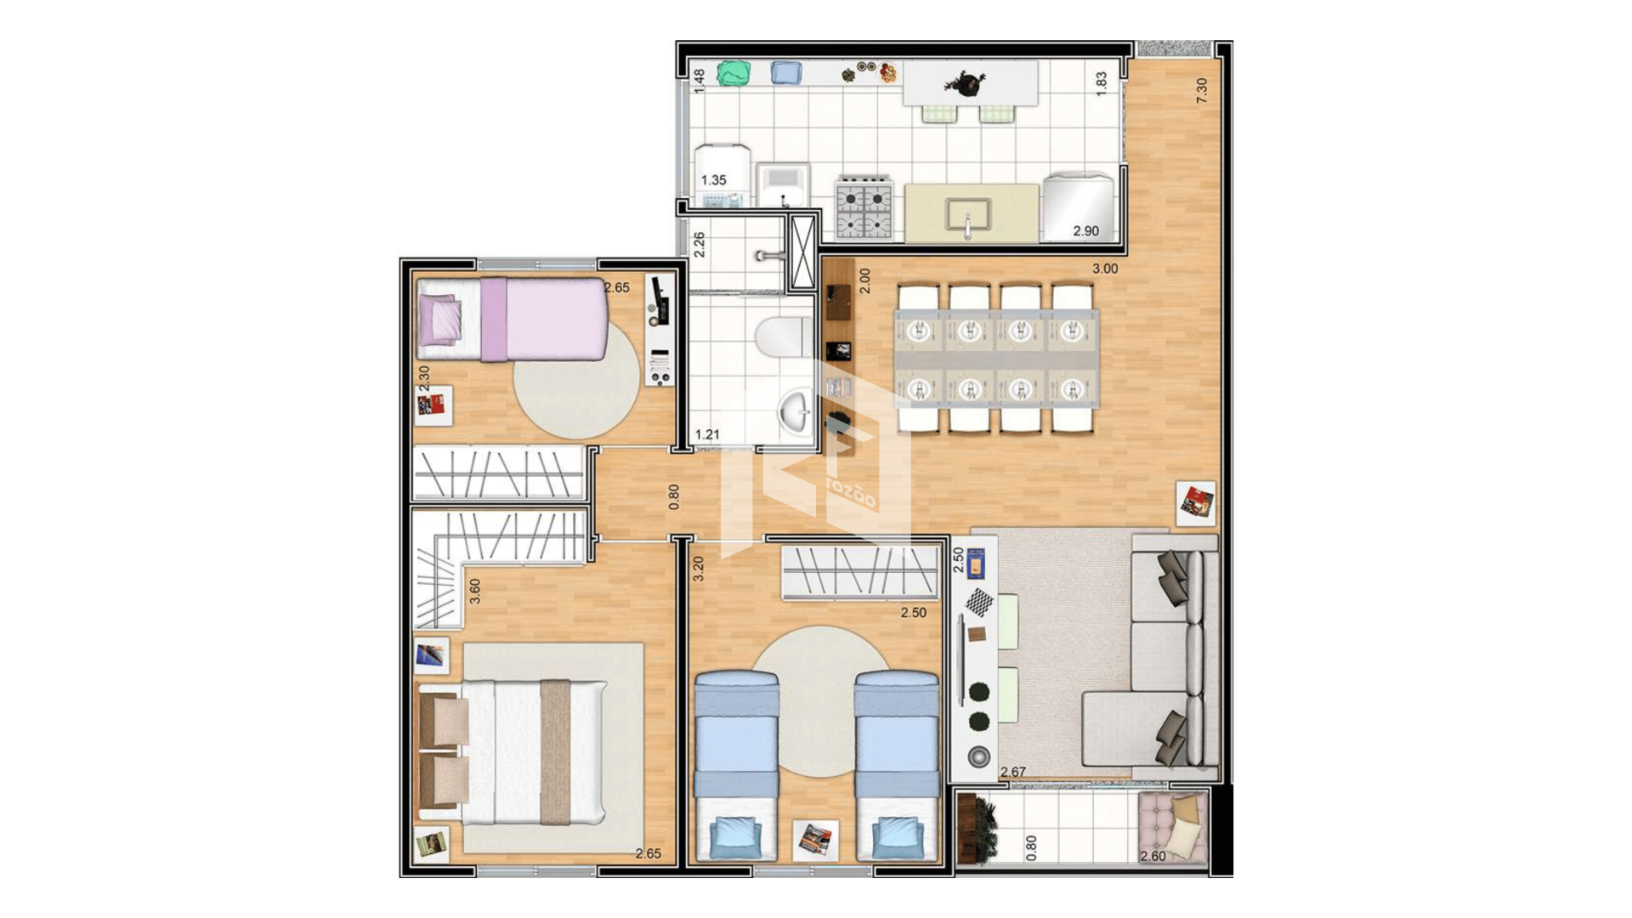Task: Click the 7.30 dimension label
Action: click(x=1201, y=91)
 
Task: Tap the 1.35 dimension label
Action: click(x=714, y=180)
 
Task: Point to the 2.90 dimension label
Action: click(x=1085, y=231)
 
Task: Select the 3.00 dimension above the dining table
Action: click(x=1105, y=269)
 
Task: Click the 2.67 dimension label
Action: click(x=1013, y=773)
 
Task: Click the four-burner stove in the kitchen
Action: click(x=864, y=207)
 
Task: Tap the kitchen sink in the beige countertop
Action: click(x=967, y=215)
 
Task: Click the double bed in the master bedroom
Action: click(x=512, y=753)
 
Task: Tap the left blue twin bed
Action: click(x=736, y=765)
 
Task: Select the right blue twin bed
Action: click(x=897, y=765)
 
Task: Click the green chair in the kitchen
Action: click(x=734, y=73)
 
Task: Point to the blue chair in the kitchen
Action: click(x=786, y=73)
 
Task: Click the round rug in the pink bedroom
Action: click(x=576, y=380)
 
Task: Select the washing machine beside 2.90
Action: click(x=1078, y=207)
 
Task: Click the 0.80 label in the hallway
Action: click(x=674, y=497)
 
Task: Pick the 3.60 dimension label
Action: click(x=475, y=592)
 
